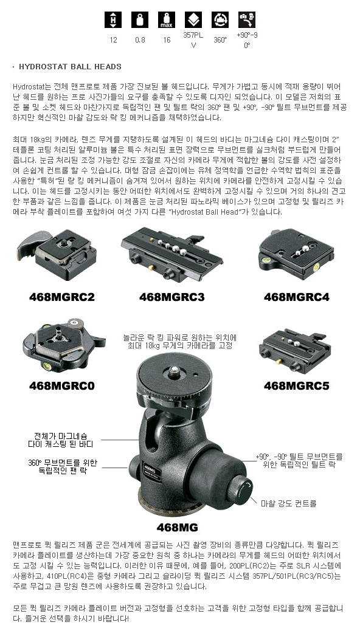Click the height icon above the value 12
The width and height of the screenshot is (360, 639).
click(x=113, y=19)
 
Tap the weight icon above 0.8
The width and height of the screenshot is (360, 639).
click(x=140, y=19)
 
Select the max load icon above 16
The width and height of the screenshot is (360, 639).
click(x=167, y=19)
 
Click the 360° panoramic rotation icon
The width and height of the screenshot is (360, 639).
click(x=220, y=19)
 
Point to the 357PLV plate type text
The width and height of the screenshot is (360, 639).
click(x=193, y=40)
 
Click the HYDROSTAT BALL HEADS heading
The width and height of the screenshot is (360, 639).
click(x=70, y=67)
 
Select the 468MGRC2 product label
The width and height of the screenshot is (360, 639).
click(x=62, y=297)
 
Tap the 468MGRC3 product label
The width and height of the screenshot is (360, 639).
click(x=171, y=297)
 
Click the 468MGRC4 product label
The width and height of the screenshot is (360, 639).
click(x=296, y=297)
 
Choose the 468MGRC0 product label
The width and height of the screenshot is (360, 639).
click(x=62, y=385)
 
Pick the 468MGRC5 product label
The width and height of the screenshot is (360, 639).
click(x=296, y=385)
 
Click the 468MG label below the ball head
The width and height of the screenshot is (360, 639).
click(x=178, y=527)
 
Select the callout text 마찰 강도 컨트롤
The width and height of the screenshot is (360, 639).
click(x=289, y=503)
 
